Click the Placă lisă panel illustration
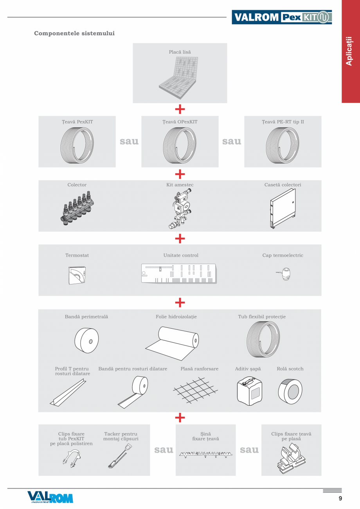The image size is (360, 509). (x=178, y=78)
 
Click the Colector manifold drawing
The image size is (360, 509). (x=77, y=208)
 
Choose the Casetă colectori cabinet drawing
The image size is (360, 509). (x=283, y=209)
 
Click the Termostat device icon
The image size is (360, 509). (x=77, y=275)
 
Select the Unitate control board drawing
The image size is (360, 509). (x=179, y=273)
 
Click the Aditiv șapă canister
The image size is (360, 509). (x=249, y=391)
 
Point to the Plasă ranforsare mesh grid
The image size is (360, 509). (x=195, y=390)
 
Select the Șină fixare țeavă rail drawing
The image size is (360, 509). (x=206, y=454)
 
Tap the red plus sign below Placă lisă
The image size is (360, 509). (x=180, y=109)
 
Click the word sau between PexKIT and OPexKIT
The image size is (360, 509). (x=129, y=141)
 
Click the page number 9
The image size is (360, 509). (x=340, y=498)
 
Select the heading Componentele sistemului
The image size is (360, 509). (x=74, y=33)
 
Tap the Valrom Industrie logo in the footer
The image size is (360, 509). (x=50, y=497)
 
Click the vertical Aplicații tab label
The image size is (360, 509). (x=349, y=51)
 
